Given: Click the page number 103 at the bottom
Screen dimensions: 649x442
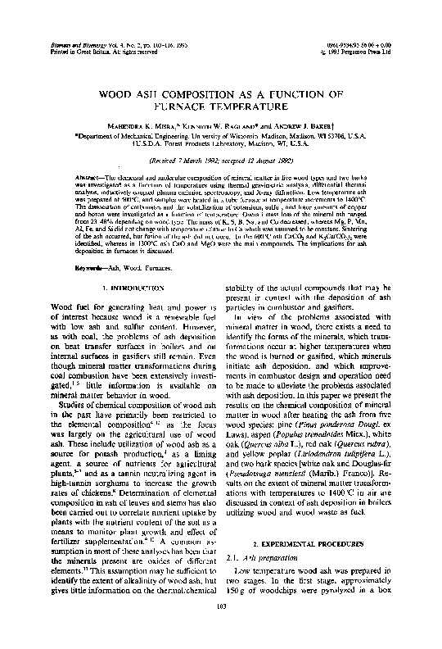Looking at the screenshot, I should point(220,629).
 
